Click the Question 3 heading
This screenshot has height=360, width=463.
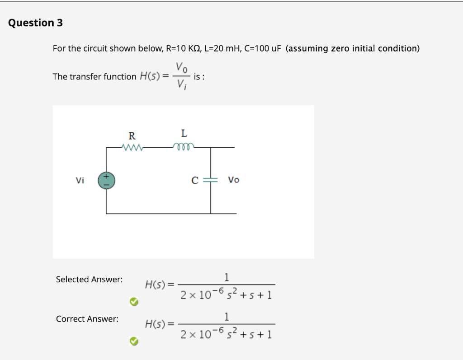pos(35,23)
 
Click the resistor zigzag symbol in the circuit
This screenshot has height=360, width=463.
pos(132,147)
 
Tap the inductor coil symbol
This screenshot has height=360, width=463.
pos(183,145)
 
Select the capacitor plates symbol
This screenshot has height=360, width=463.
pos(211,180)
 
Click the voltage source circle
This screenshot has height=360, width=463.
pos(107,181)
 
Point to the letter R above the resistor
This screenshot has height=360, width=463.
pos(132,136)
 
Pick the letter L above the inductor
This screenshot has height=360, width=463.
pos(183,134)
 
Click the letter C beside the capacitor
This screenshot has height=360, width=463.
pos(194,180)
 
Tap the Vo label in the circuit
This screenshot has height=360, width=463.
pos(234,180)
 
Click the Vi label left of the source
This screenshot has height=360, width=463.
pos(80,180)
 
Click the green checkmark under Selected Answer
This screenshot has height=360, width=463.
pos(133,301)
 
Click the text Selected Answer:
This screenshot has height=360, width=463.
pos(89,280)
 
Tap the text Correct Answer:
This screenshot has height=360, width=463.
pos(87,319)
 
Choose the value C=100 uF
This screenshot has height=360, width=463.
pos(263,48)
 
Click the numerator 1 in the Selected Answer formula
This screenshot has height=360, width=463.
pos(227,276)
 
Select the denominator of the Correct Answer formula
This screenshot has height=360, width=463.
pos(226,335)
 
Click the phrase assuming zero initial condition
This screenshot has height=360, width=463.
pos(353,48)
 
